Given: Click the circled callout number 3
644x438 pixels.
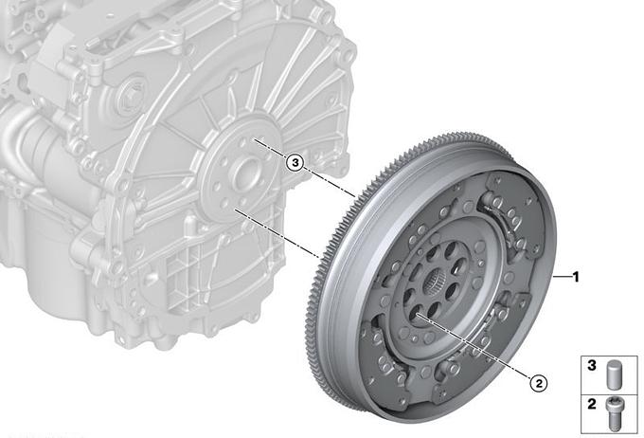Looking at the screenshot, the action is tap(295, 163).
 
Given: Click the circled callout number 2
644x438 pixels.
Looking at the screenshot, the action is tap(539, 383).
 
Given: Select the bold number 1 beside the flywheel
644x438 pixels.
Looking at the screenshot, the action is tap(576, 277).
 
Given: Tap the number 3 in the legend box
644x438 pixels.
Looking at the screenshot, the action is tap(591, 365).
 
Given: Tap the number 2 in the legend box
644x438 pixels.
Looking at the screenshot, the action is tap(591, 404).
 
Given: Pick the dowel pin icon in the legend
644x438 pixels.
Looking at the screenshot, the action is tap(613, 374).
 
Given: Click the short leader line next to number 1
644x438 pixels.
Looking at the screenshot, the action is tap(562, 277).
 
